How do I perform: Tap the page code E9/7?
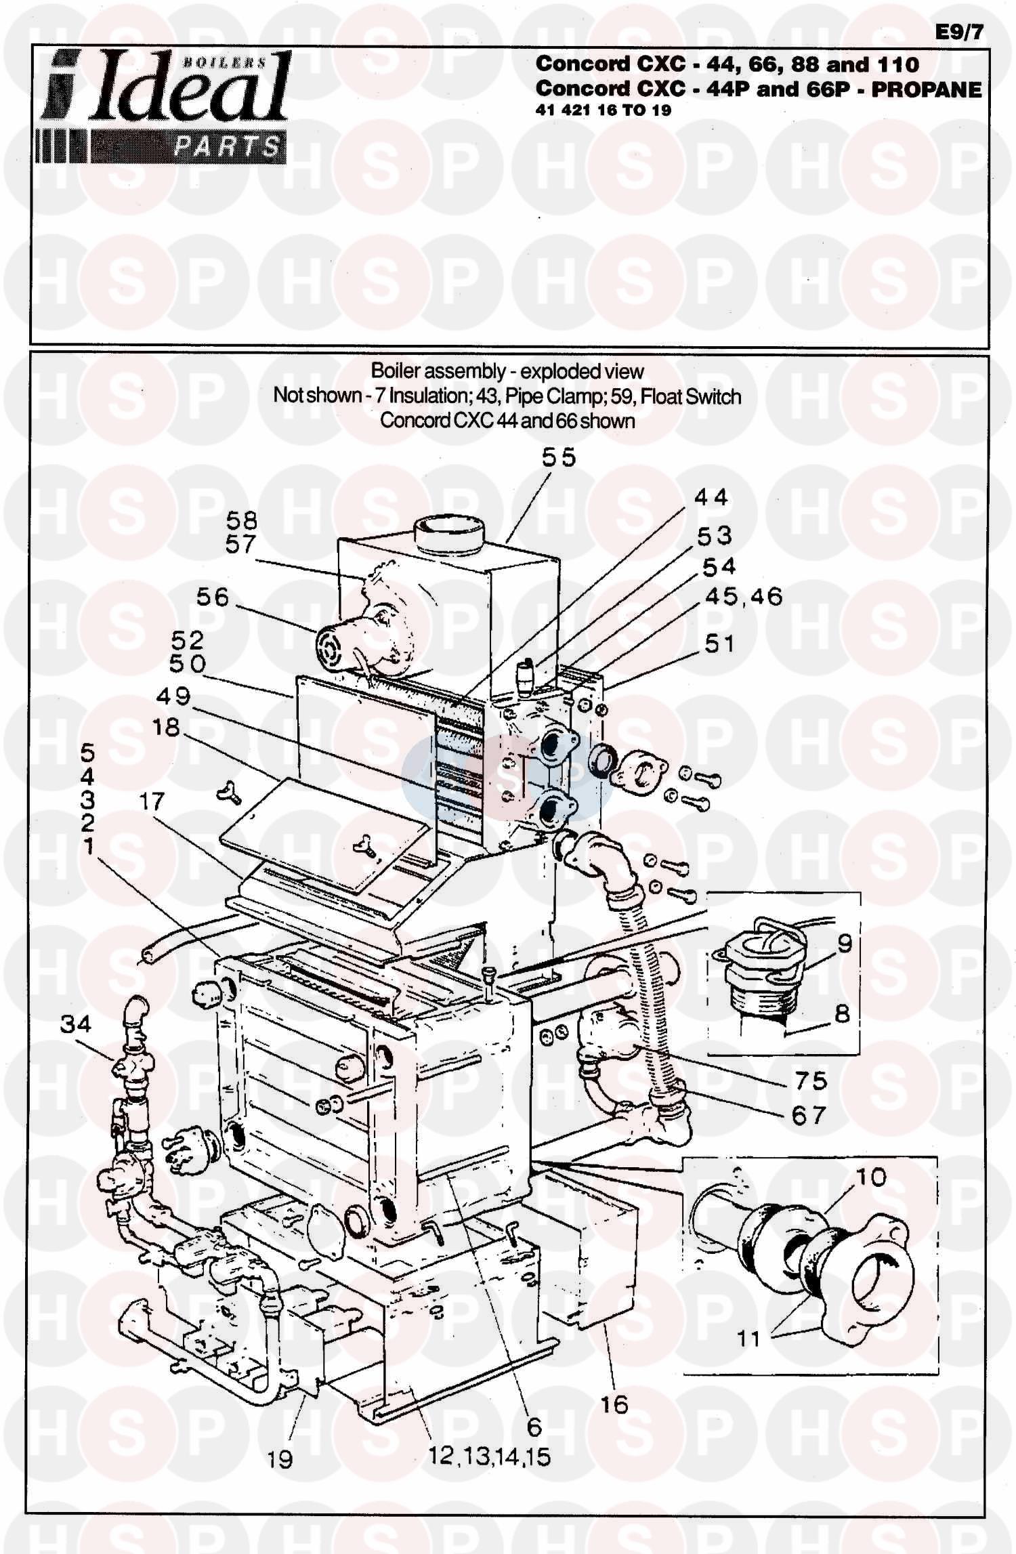tap(960, 33)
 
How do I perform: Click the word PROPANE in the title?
tap(926, 89)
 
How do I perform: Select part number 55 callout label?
tap(559, 457)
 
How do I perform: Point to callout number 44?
tap(711, 497)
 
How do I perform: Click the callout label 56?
tap(213, 597)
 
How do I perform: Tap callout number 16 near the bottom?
tap(614, 1404)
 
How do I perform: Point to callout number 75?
tap(810, 1080)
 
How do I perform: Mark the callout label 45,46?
tap(744, 596)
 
